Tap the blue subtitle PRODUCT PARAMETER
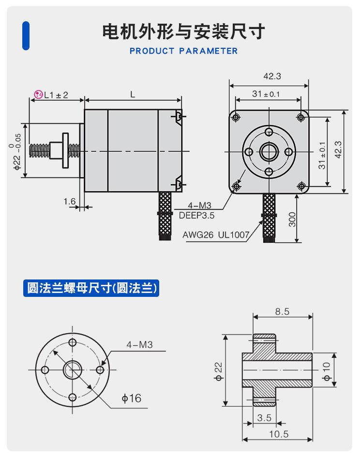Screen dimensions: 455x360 point(183,51)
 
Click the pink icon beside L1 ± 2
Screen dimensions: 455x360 point(38,95)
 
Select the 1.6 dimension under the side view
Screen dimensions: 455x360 point(70,201)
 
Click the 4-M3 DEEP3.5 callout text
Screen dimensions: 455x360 point(195,211)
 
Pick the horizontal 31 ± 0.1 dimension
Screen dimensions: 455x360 point(266,94)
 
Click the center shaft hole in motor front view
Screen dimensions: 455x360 point(269,151)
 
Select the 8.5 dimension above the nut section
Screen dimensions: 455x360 point(282,312)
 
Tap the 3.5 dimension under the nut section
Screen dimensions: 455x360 point(264,417)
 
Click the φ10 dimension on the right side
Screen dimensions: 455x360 point(327,371)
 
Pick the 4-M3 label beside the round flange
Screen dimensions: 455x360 point(139,345)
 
